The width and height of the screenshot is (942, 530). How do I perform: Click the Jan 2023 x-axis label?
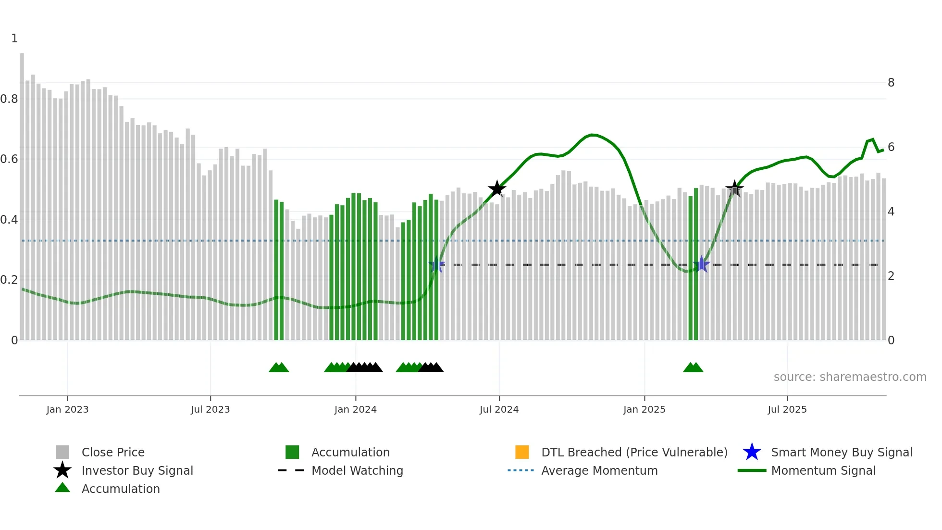[67, 409]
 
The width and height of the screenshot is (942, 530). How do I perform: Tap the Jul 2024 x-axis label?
[499, 409]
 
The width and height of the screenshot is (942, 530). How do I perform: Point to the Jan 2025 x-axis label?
[644, 409]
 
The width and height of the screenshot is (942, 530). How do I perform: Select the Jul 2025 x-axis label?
[787, 409]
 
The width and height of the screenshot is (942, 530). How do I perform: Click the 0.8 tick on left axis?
[9, 99]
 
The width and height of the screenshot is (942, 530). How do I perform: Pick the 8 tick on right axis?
[891, 83]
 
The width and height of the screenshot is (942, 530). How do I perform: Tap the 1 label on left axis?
[14, 38]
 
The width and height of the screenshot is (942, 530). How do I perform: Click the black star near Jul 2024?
[497, 189]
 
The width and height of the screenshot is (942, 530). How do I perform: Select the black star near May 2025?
[734, 189]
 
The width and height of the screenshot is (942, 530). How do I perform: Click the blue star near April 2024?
[436, 265]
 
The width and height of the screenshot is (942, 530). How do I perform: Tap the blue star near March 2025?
[702, 264]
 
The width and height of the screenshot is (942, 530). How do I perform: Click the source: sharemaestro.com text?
[850, 377]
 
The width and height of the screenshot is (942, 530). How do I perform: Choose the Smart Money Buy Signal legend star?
[752, 452]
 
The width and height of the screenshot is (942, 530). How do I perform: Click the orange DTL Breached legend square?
[522, 452]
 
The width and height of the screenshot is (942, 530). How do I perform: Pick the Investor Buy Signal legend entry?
[137, 470]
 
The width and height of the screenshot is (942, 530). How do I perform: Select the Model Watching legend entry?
[357, 470]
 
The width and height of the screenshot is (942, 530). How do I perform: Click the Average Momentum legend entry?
[599, 470]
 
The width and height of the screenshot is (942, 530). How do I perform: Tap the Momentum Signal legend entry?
[823, 470]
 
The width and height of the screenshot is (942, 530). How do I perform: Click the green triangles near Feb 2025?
[693, 367]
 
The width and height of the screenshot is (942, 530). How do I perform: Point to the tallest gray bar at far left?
[22, 192]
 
